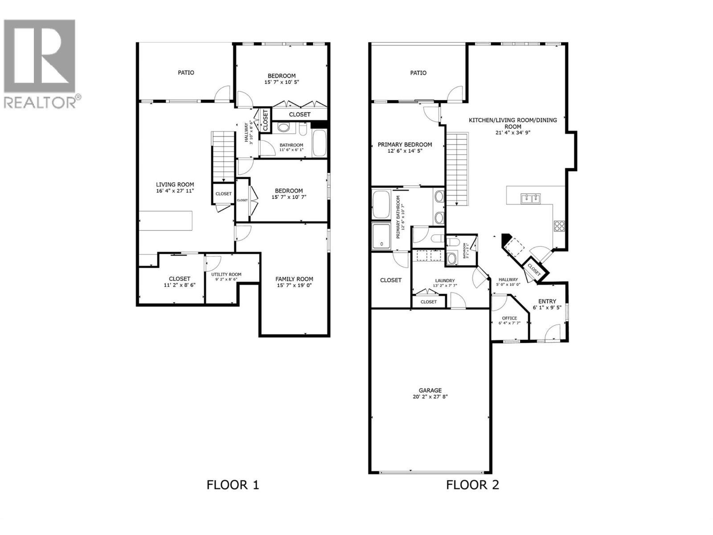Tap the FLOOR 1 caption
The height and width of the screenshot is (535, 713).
[233, 485]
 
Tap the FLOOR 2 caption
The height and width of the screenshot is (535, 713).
[472, 485]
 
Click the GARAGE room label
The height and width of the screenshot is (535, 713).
[430, 390]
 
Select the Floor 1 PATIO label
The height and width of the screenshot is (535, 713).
[186, 72]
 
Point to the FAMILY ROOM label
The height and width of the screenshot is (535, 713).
[294, 279]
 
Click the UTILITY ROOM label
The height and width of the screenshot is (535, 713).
[226, 274]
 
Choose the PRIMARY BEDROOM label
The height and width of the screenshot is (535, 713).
[405, 144]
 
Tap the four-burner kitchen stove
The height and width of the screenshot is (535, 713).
[559, 226]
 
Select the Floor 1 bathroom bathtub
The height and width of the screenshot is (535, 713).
[319, 143]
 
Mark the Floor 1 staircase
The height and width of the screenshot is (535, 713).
[222, 156]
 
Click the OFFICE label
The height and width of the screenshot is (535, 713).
[509, 318]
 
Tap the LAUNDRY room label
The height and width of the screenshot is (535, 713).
[445, 280]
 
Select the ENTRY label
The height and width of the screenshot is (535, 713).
[547, 301]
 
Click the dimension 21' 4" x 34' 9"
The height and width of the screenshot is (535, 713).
[512, 132]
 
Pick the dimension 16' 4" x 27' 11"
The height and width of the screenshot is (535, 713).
[175, 191]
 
